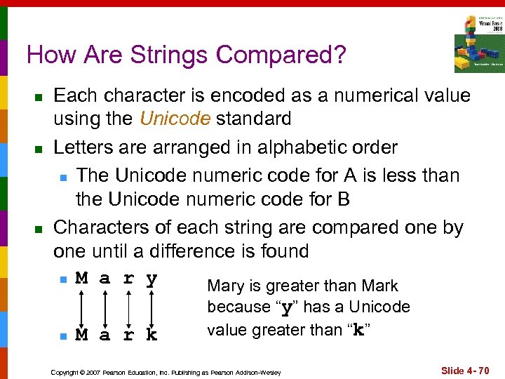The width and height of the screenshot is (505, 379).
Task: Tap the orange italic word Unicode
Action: [x=175, y=119]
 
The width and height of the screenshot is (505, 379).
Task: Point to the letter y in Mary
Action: [x=151, y=279]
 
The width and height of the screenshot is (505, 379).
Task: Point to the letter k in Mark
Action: [x=151, y=335]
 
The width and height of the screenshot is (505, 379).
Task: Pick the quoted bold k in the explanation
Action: [x=358, y=331]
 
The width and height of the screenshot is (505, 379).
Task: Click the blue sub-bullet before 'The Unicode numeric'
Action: [x=63, y=176]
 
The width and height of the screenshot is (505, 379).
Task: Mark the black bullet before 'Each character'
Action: [x=39, y=96]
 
